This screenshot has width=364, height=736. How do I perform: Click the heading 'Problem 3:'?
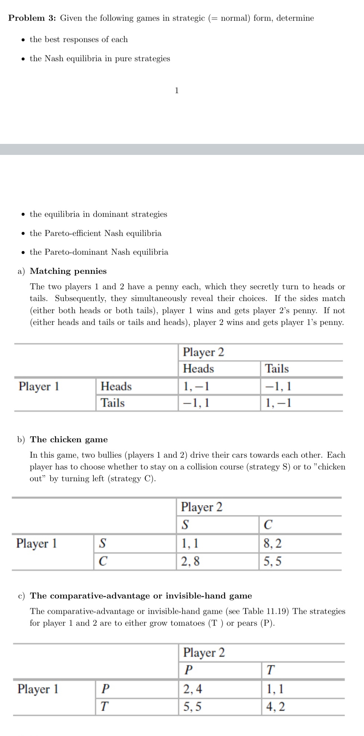click(x=32, y=18)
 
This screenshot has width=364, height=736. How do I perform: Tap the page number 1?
click(x=177, y=90)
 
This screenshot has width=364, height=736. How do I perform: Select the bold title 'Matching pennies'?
click(x=68, y=271)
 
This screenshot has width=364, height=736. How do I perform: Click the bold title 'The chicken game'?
click(x=69, y=439)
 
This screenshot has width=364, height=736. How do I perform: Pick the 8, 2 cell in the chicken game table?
click(x=272, y=543)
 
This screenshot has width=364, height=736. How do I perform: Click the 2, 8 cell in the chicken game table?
click(x=190, y=561)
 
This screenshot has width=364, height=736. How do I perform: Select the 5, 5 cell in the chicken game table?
click(x=272, y=561)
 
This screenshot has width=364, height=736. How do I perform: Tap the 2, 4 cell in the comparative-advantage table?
click(x=192, y=689)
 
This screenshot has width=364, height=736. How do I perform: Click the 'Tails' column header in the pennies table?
click(x=277, y=369)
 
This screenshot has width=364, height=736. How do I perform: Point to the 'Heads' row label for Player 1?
click(x=116, y=386)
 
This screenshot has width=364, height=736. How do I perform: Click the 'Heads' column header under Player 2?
click(x=198, y=369)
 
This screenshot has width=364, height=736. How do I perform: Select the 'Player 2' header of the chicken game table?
click(x=202, y=507)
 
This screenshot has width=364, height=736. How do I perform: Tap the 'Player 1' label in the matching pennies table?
click(x=39, y=386)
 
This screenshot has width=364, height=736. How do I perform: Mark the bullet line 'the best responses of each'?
click(x=78, y=39)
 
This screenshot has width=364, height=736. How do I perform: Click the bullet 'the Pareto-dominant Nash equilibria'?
click(x=99, y=252)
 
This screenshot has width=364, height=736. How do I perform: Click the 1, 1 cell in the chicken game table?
click(x=190, y=543)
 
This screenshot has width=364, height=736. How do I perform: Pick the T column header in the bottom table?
click(x=270, y=670)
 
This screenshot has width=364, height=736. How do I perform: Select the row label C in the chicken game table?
click(x=103, y=561)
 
